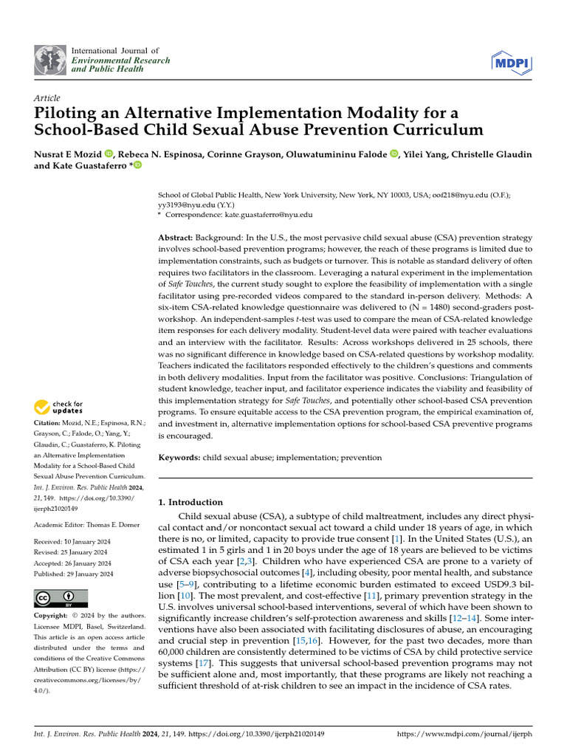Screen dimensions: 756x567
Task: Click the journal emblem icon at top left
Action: point(49,60)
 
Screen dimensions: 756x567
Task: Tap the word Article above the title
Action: point(47,98)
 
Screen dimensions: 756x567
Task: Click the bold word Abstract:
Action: point(176,238)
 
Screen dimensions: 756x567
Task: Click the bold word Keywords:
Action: point(179,458)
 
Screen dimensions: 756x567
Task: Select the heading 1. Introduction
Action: point(191,502)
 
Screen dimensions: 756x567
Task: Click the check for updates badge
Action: point(59,407)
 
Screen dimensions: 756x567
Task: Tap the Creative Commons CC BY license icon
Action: point(61,597)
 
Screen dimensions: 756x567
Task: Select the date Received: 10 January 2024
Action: point(72,542)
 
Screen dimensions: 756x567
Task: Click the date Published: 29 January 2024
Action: point(74,574)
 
